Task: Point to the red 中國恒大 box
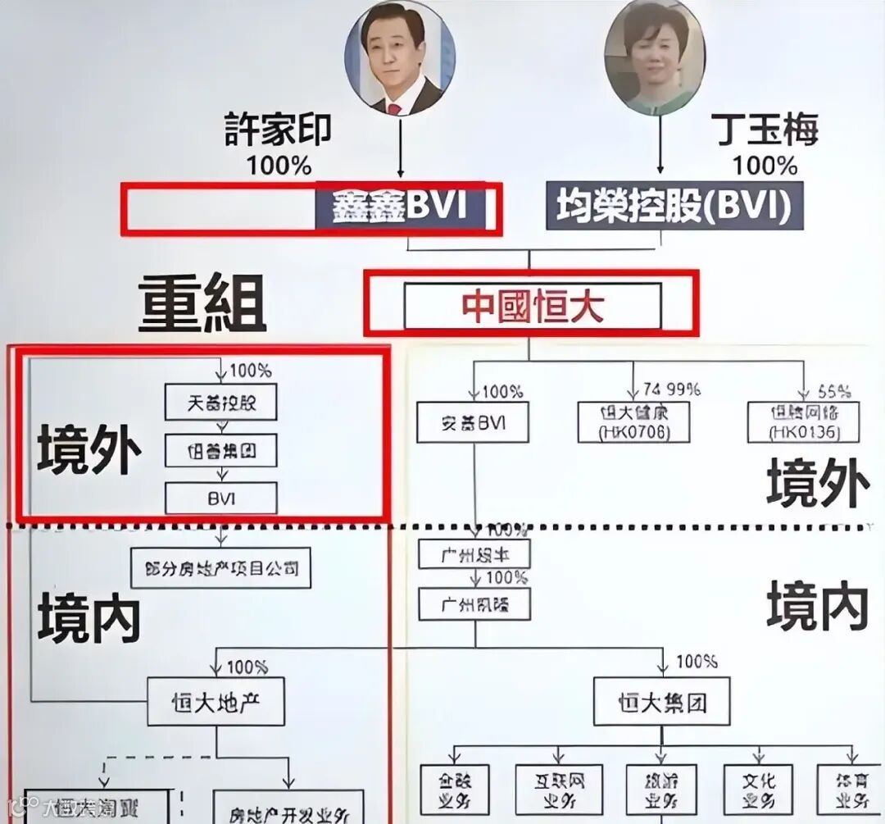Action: click(533, 306)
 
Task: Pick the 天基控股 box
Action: click(221, 402)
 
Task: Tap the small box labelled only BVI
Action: click(221, 498)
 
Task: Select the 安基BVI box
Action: click(472, 422)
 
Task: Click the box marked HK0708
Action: click(633, 422)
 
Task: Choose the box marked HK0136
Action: click(804, 422)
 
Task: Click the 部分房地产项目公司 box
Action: click(221, 567)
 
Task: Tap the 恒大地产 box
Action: click(216, 702)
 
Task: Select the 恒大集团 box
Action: click(662, 702)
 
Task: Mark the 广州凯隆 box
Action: click(474, 605)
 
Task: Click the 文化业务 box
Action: click(759, 790)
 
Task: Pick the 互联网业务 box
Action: click(560, 790)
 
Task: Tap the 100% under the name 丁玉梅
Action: click(765, 165)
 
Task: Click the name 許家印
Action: click(279, 129)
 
